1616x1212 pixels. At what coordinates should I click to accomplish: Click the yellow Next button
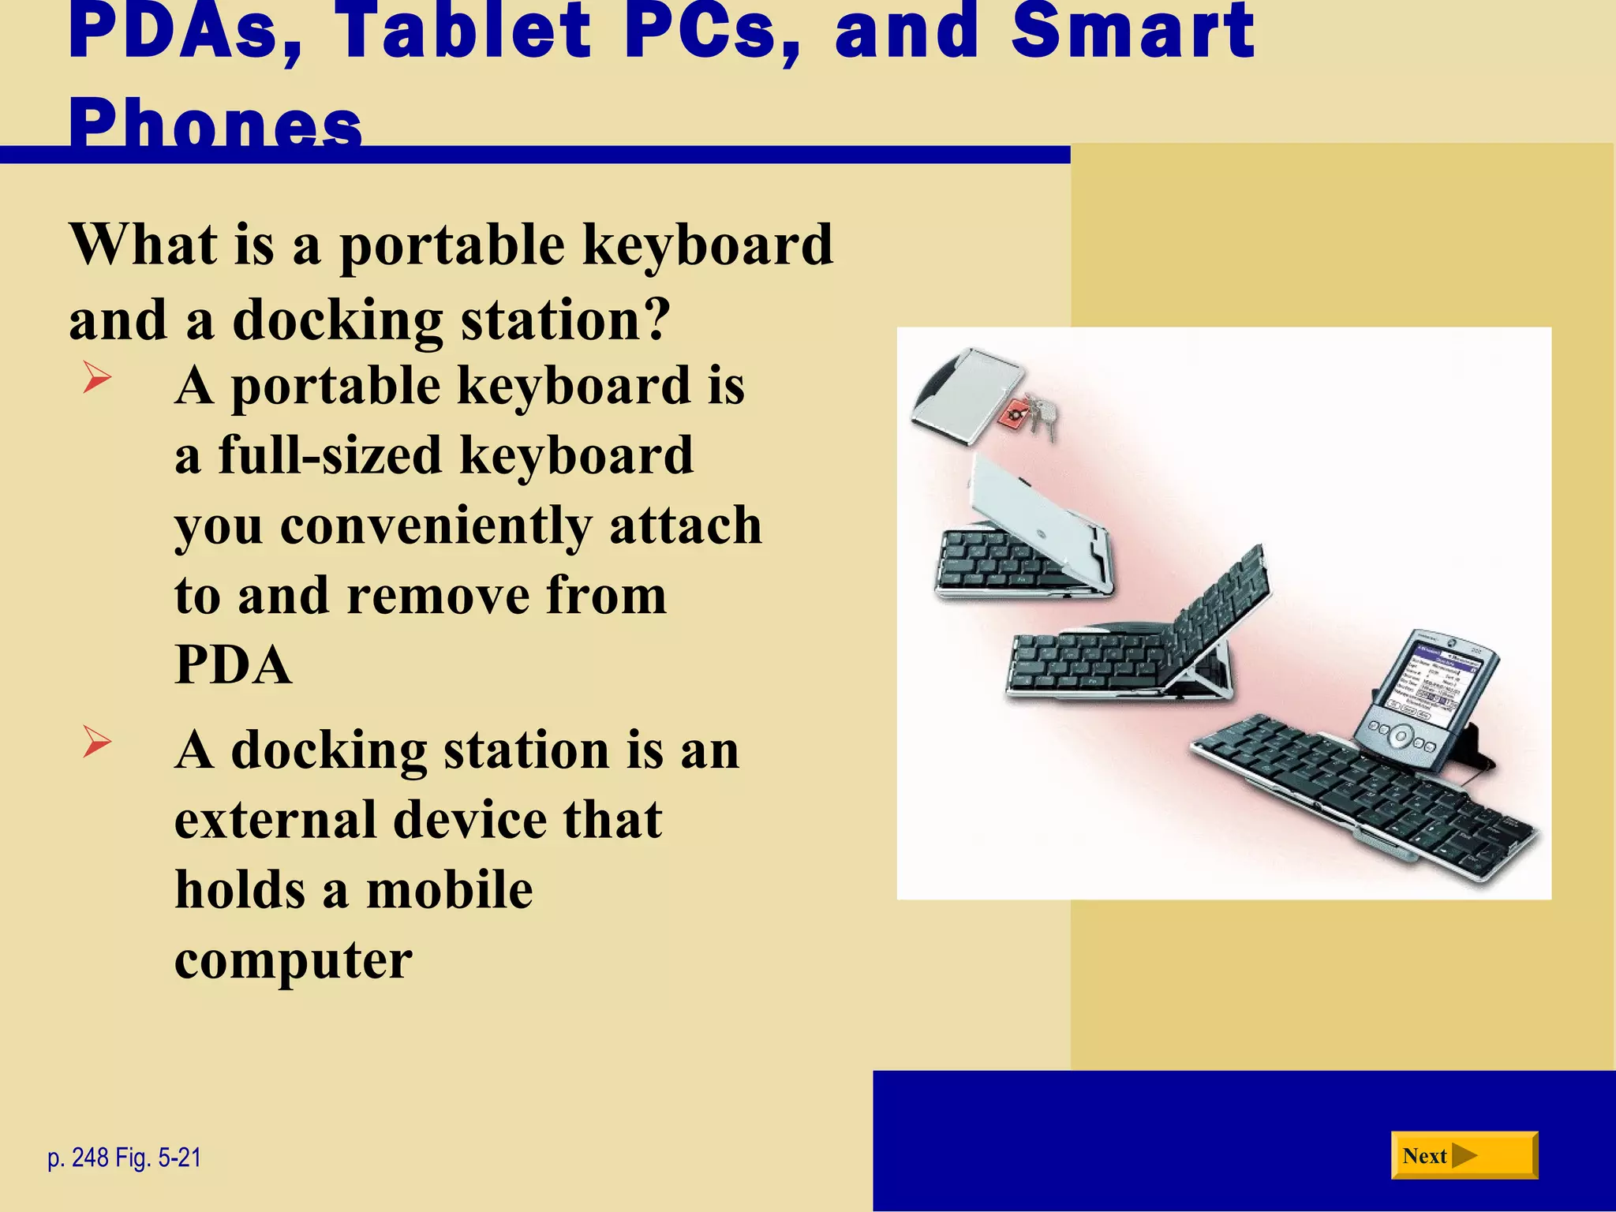[1464, 1155]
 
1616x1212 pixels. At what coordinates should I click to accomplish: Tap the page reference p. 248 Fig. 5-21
[125, 1158]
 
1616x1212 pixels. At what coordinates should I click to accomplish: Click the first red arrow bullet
[96, 378]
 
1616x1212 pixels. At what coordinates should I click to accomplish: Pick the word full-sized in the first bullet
[330, 455]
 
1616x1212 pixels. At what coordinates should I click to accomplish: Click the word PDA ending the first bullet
[234, 664]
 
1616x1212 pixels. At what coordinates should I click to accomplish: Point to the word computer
[294, 959]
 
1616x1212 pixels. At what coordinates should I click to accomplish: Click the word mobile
[450, 890]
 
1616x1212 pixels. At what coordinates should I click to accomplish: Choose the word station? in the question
[565, 320]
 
